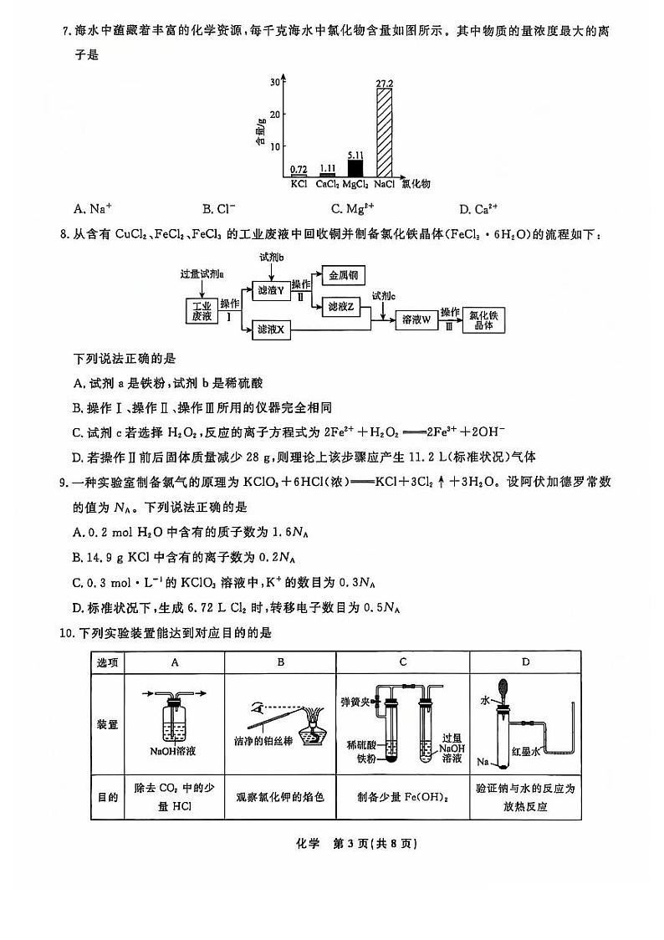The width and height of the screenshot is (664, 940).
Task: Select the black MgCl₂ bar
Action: (x=356, y=167)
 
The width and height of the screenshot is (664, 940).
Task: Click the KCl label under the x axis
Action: (x=299, y=184)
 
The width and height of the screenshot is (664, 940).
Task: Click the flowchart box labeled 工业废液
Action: (x=202, y=310)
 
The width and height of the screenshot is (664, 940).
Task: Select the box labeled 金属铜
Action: (x=343, y=275)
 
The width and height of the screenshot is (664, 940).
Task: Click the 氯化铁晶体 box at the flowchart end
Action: (x=483, y=319)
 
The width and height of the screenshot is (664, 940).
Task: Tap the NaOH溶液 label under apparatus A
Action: (x=172, y=750)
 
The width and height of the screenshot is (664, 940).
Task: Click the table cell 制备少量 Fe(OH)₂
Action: (x=402, y=797)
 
